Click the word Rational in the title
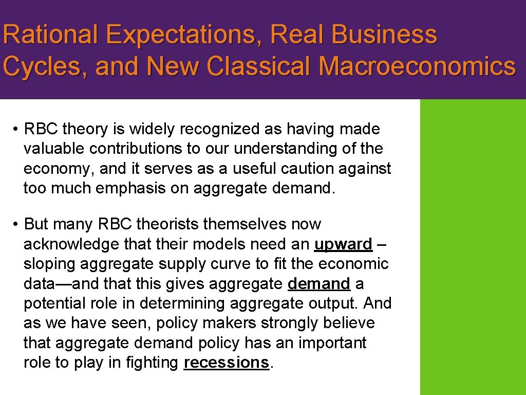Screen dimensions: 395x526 pyautogui.click(x=50, y=35)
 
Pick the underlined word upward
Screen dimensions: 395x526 pyautogui.click(x=343, y=244)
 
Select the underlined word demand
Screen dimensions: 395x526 pyautogui.click(x=319, y=283)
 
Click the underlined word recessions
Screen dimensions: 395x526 pyautogui.click(x=226, y=363)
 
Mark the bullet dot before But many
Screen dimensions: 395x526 pyautogui.click(x=16, y=225)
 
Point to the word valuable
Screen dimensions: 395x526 pyautogui.click(x=54, y=149)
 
